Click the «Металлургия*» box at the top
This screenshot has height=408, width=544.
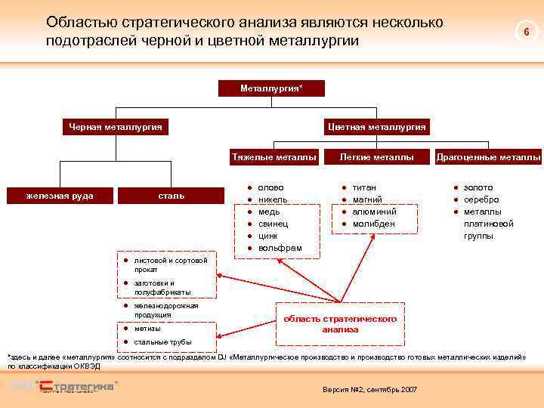point(271,88)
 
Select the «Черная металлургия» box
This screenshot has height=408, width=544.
point(115,127)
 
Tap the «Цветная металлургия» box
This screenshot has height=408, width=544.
point(377,127)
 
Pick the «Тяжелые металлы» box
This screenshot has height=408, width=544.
point(274,157)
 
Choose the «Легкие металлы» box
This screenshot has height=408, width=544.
point(376,157)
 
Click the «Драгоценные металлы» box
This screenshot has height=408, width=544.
point(488,157)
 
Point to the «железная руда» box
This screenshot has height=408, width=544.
point(60,196)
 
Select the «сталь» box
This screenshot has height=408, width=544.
point(171,196)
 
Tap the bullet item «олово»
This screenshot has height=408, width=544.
point(270,187)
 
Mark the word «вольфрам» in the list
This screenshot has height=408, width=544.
point(280,248)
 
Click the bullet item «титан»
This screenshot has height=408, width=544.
point(364,187)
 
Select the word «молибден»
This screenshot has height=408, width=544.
point(374,224)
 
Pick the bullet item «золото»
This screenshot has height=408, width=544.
point(478,187)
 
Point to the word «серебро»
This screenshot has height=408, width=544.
point(481,199)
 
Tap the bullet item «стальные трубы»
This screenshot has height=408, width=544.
point(162,342)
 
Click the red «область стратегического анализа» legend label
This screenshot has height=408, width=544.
point(340,324)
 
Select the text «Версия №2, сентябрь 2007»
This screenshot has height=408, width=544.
point(369,388)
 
